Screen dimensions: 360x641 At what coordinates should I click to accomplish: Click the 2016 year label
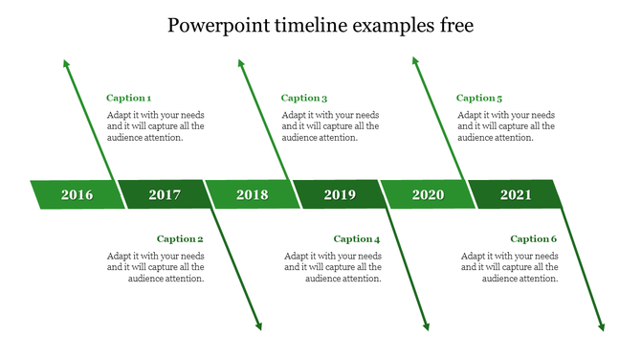77,195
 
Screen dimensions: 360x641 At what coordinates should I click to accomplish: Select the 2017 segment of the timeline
165,195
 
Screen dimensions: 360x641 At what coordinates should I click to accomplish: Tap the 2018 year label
253,195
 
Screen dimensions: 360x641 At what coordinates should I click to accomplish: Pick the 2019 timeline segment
340,195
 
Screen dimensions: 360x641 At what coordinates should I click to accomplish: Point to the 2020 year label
428,195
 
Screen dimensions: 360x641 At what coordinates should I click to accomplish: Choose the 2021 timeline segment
516,195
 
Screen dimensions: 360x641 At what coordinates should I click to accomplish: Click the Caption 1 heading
128,98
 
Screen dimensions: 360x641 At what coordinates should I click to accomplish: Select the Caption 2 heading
180,239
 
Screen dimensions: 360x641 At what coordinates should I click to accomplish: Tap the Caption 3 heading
304,98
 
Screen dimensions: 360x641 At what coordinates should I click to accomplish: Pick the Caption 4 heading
357,239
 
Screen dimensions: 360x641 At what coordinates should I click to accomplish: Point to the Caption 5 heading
479,98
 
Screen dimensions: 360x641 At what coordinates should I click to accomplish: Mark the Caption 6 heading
533,239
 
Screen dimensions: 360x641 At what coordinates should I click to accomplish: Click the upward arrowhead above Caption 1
66,63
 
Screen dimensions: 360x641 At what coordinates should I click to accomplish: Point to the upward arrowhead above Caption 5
415,61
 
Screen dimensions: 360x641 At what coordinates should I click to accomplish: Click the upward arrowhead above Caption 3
240,63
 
